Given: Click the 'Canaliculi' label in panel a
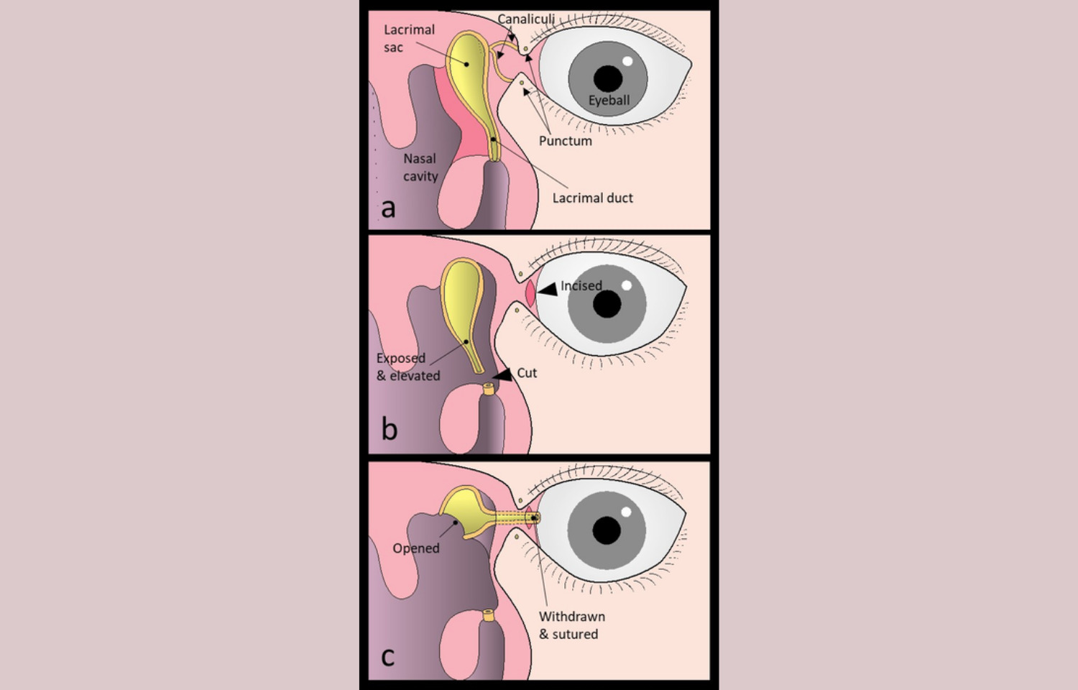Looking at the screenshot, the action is point(526,19).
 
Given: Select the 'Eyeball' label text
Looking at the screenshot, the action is point(609,100).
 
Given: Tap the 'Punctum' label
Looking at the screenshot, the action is point(566,140).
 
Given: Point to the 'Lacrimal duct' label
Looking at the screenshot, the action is point(592,198).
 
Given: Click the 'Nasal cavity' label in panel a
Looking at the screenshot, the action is point(420,167).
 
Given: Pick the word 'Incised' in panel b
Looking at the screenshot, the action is point(581,286).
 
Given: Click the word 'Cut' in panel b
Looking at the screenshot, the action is point(527,373).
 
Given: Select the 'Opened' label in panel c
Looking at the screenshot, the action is point(416,548).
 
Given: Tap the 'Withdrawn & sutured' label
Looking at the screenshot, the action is point(572,625).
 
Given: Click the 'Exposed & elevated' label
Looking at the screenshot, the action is point(408,367).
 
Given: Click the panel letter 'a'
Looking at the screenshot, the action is point(388,209).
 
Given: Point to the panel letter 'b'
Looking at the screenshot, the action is point(390,428).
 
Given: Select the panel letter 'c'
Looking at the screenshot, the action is point(387,657).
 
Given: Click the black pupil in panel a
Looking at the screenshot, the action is point(608,78).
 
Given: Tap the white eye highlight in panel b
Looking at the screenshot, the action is point(626,285).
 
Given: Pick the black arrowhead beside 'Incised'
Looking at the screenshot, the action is point(548,289).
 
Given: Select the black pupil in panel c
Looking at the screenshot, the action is point(607,530).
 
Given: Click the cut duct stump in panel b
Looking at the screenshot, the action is point(489,388).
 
